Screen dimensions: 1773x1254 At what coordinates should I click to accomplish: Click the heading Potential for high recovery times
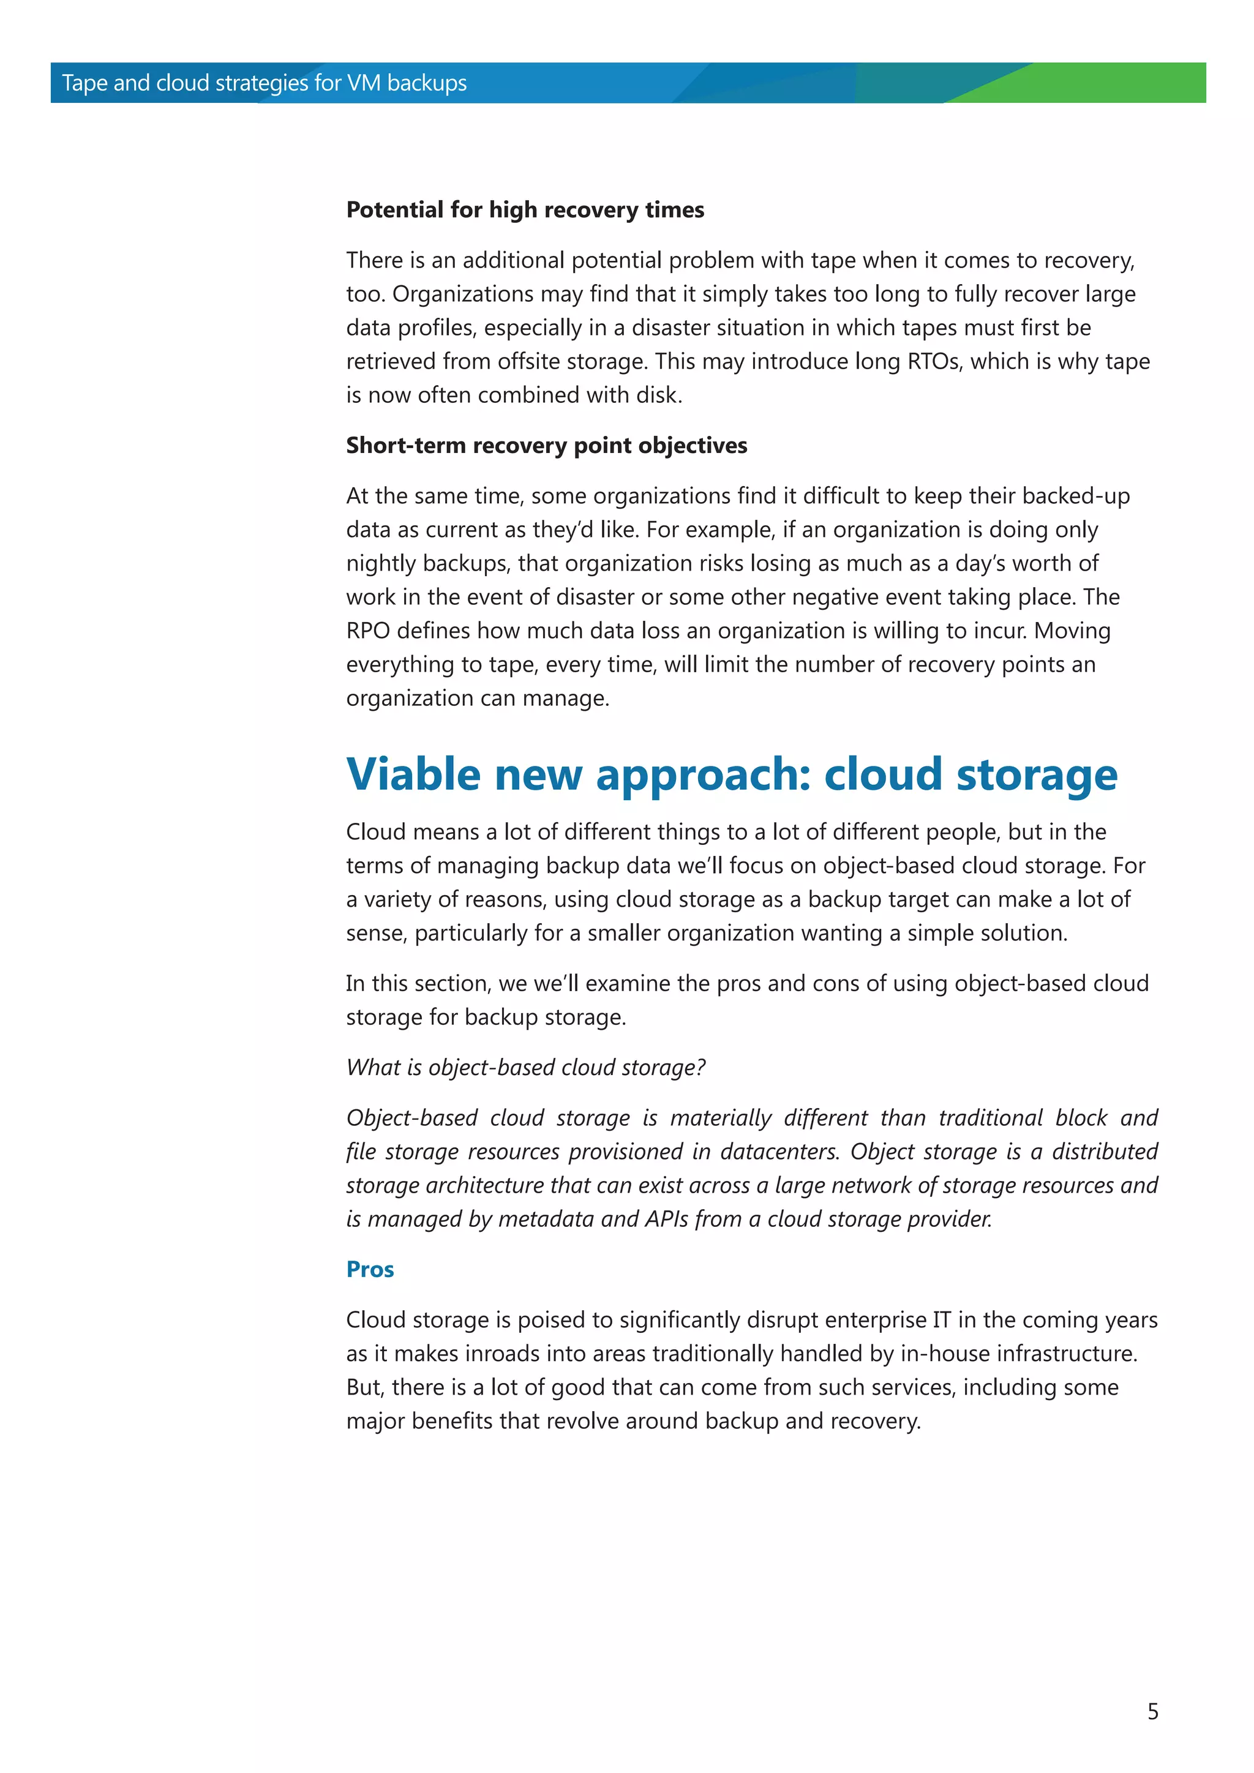[x=525, y=210]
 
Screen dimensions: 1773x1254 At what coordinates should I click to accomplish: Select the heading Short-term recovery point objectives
[x=546, y=446]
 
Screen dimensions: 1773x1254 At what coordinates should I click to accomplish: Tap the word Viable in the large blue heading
[x=413, y=774]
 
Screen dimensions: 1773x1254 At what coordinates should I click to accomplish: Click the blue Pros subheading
[x=370, y=1270]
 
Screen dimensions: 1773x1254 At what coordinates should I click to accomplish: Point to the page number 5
[x=1153, y=1712]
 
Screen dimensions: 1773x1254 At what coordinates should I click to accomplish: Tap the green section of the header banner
[x=1120, y=83]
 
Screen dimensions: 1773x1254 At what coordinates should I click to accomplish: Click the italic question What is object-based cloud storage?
[x=526, y=1067]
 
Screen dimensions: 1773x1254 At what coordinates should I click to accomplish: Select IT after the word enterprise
[x=941, y=1321]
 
